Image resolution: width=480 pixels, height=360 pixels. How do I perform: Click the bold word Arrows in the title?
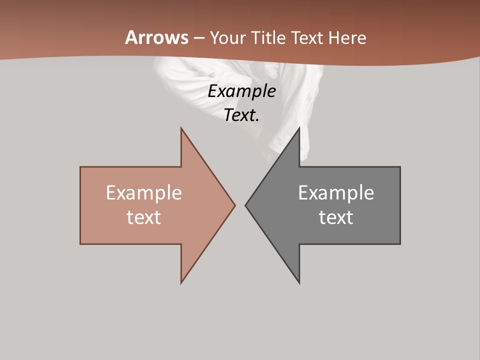(157, 37)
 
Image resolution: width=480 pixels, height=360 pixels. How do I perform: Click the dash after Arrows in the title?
(199, 38)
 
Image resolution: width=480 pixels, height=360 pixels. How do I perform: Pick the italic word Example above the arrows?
(242, 91)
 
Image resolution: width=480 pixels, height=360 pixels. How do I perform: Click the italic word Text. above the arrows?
(242, 115)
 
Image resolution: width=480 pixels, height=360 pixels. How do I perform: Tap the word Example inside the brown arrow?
(144, 193)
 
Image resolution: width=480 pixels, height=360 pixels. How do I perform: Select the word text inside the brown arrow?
(144, 217)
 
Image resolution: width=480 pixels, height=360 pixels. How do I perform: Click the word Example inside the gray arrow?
(336, 193)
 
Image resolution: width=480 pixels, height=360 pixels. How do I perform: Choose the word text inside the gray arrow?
(336, 217)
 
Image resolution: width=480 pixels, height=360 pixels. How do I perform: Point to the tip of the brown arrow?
(234, 205)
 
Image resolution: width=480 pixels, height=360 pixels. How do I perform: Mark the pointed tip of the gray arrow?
(246, 205)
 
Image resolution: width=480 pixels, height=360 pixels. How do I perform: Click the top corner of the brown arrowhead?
(181, 128)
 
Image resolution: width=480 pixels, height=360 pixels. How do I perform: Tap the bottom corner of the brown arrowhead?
(181, 282)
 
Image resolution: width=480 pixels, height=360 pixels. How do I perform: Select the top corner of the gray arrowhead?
(299, 128)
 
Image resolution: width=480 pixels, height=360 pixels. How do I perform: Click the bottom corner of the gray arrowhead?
(299, 282)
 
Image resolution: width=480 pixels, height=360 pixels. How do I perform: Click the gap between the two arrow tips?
(240, 205)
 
